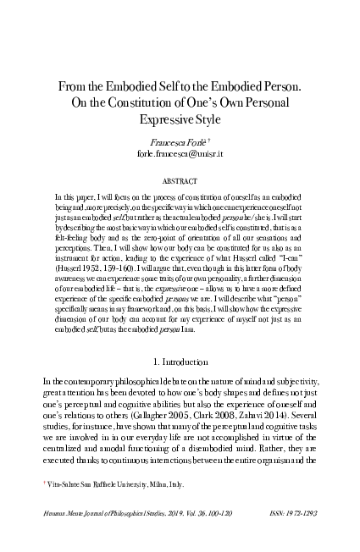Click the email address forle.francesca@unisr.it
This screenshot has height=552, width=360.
point(180,157)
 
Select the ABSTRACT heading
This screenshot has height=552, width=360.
point(180,181)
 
